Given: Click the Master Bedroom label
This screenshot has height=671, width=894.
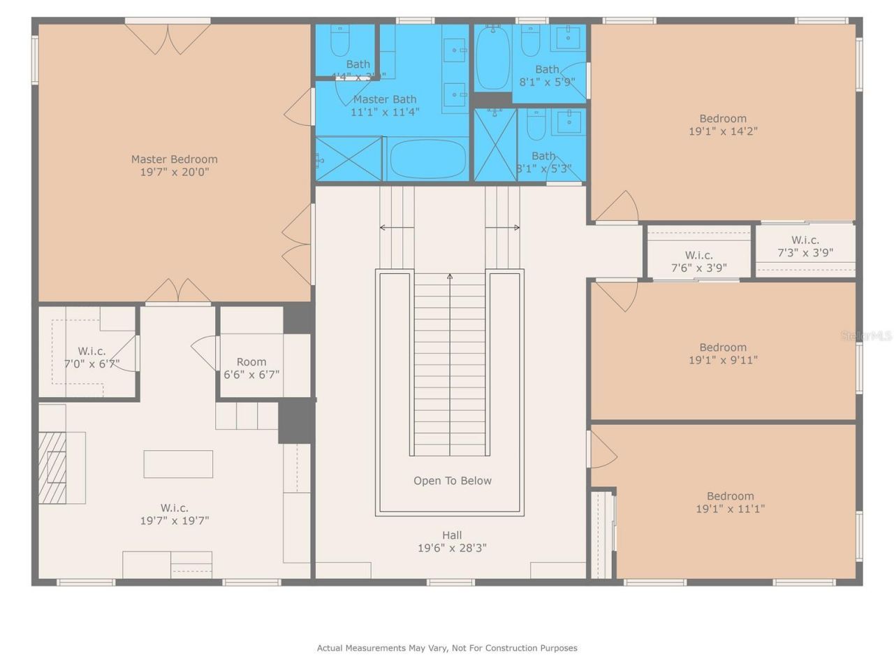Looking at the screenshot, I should (x=174, y=159).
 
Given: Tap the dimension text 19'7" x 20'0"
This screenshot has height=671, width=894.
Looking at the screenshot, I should (x=174, y=172).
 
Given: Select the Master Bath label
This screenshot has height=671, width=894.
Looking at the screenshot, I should (x=384, y=99).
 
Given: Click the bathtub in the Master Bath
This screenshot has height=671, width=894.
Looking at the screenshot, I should (x=427, y=159).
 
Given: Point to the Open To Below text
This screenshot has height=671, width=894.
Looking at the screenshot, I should (x=452, y=481).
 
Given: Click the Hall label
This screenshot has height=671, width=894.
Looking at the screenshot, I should (x=452, y=535).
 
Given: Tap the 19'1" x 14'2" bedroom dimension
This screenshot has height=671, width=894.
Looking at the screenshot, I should (x=723, y=131).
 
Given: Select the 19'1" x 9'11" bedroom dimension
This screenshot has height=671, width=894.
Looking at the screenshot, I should (x=723, y=360).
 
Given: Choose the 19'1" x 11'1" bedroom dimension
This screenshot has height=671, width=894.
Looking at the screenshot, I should (x=730, y=509).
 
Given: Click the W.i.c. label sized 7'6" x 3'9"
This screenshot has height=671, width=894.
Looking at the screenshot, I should (x=698, y=256).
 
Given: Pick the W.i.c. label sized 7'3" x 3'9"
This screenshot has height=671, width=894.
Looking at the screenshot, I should (x=805, y=240).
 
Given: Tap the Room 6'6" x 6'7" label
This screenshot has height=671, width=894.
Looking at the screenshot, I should (x=251, y=362).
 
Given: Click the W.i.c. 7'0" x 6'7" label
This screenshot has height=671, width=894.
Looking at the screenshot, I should (x=91, y=352).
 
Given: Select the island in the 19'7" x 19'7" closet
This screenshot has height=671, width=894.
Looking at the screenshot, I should (x=178, y=464).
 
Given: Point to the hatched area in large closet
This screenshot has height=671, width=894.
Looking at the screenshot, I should (x=52, y=467).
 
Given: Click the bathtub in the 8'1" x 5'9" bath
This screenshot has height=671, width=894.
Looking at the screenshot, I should (x=493, y=57).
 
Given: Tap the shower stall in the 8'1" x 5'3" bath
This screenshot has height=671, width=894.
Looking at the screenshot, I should (x=495, y=145).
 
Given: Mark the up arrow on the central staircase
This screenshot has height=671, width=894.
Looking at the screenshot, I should (x=450, y=277).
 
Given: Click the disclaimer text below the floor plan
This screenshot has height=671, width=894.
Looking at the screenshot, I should (x=447, y=648).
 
